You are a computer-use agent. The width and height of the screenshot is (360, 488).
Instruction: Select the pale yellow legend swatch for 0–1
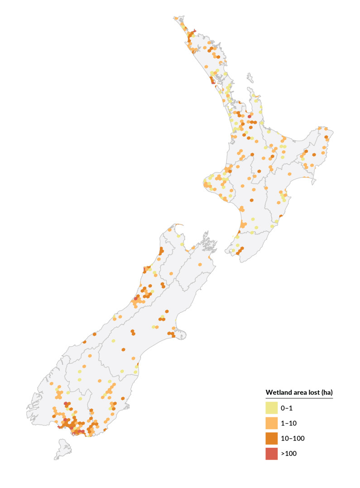271,407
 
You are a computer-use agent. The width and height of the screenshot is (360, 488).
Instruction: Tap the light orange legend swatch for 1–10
271,423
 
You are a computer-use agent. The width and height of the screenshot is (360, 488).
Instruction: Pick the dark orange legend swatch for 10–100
271,438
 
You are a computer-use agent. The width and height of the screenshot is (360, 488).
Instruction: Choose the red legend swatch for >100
271,453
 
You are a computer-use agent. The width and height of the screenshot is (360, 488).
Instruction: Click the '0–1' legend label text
287,408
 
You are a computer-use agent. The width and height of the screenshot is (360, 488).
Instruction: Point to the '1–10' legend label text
288,423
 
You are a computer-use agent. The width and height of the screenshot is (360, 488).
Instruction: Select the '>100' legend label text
288,453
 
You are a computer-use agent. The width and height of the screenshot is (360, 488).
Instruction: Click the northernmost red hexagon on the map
194,31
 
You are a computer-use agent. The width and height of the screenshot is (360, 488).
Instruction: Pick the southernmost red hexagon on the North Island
249,116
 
